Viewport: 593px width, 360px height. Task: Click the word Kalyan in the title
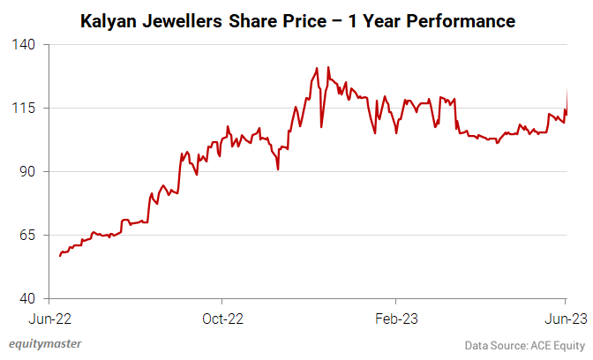pyautogui.click(x=108, y=19)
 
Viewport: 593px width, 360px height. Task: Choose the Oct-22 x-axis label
pyautogui.click(x=222, y=317)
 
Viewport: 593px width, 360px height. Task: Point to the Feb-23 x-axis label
pyautogui.click(x=396, y=317)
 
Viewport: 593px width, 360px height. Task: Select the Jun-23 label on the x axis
pyautogui.click(x=565, y=317)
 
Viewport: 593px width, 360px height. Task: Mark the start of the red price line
pyautogui.click(x=59, y=256)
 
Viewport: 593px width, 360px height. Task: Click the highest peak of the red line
pyautogui.click(x=316, y=67)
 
